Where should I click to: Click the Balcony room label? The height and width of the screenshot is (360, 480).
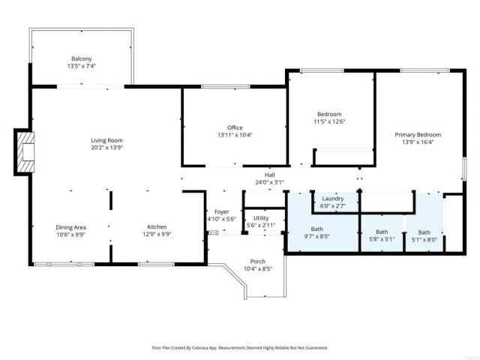(x=82, y=58)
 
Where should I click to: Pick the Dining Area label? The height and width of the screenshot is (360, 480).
(x=71, y=227)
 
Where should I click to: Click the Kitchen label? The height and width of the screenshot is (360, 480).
(x=157, y=227)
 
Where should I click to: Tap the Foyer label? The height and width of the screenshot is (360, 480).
(x=221, y=211)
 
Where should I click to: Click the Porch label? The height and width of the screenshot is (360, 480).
(x=257, y=261)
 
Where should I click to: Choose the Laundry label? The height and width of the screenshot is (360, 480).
(x=332, y=198)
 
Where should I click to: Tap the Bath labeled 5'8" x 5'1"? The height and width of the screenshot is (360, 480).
(x=382, y=240)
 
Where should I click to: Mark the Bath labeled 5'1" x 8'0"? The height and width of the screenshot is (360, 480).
(x=424, y=240)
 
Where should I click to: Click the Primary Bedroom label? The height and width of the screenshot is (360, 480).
(x=418, y=135)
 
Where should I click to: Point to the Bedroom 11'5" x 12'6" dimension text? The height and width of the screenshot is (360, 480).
(x=328, y=121)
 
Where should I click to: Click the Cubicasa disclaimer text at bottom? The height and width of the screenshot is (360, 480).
(x=240, y=348)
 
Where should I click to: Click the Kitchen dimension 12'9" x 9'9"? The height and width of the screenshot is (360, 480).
(x=157, y=234)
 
